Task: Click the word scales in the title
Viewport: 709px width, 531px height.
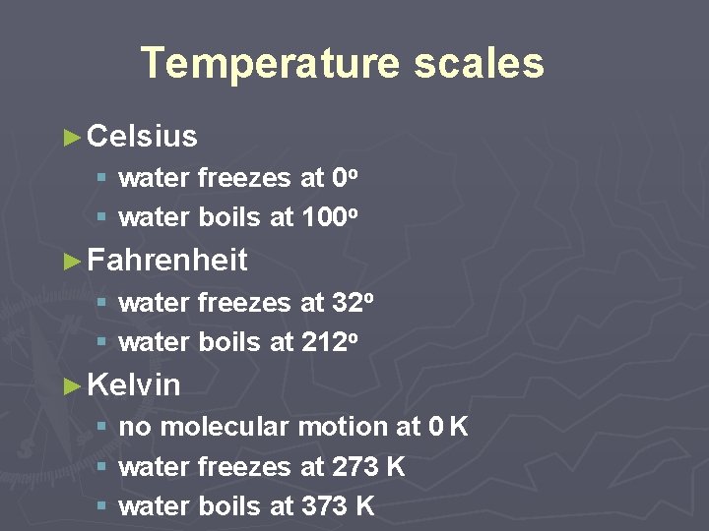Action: tap(479, 63)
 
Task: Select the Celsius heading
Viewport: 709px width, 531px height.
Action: tap(142, 136)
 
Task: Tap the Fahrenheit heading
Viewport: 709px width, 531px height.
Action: tap(167, 261)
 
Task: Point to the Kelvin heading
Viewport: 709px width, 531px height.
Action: tap(134, 384)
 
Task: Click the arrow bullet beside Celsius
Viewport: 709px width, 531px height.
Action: tap(71, 137)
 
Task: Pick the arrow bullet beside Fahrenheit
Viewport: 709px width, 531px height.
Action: tap(71, 262)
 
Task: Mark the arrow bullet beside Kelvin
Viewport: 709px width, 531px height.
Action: tap(71, 385)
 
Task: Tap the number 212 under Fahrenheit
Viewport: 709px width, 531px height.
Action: tap(324, 342)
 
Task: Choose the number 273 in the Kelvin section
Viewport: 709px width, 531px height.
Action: tap(354, 466)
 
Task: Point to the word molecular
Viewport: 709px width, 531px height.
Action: tap(224, 427)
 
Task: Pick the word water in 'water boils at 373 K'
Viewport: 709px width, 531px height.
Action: tap(155, 505)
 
